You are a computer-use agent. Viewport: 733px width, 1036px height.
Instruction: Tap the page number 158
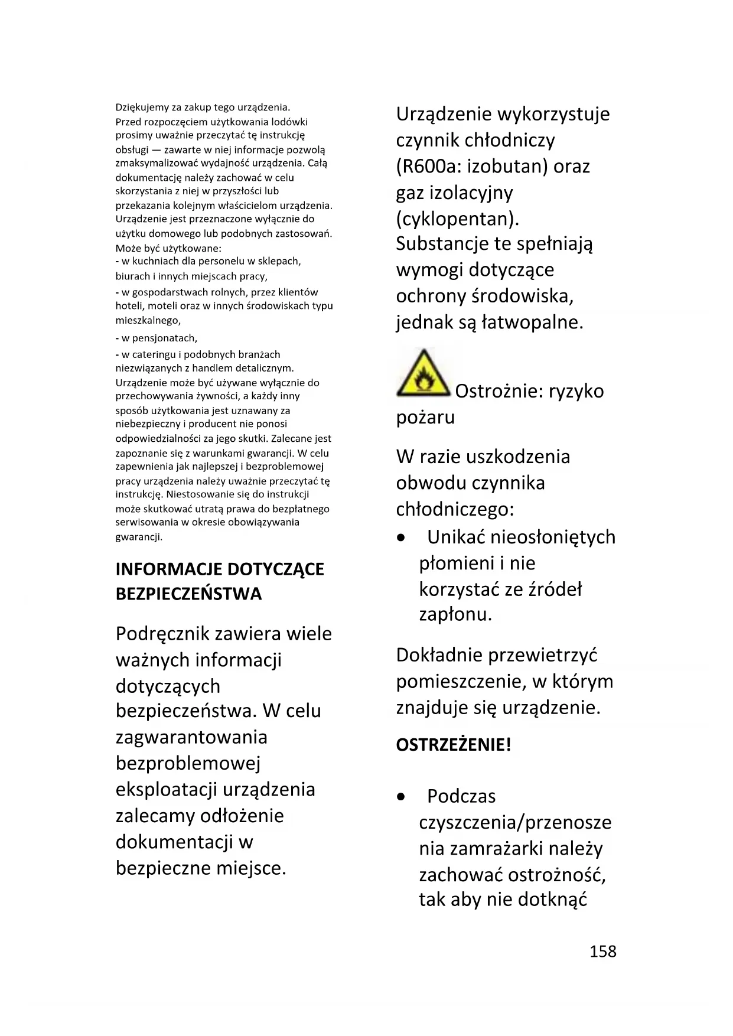pos(602,951)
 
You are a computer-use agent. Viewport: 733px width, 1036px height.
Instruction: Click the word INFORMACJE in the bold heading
pos(169,569)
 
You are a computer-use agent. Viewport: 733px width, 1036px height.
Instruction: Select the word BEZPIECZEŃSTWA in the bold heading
pos(188,594)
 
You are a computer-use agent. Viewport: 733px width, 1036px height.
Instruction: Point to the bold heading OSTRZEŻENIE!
pos(453,745)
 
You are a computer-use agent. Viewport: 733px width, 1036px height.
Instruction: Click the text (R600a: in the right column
pos(428,167)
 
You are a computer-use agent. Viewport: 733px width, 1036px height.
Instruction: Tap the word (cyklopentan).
pos(458,219)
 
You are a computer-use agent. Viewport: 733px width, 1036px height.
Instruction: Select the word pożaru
pos(425,418)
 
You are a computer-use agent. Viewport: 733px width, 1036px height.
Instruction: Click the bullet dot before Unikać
pos(401,538)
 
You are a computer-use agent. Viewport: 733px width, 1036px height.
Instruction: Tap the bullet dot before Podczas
pos(401,797)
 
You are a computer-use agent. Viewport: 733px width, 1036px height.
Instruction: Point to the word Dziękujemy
pos(142,107)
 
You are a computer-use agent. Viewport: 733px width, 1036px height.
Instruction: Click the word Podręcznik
pos(163,634)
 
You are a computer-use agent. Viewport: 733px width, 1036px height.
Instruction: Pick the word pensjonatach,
pos(159,338)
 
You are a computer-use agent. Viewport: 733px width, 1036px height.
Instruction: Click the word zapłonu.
pos(455,615)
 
